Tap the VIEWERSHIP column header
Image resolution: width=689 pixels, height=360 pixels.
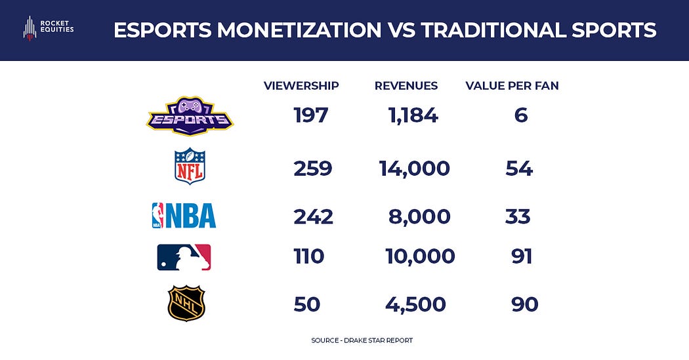301,86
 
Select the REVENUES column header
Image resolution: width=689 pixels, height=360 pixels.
406,86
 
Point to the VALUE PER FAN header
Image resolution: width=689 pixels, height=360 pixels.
512,86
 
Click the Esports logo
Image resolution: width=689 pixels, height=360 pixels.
190,116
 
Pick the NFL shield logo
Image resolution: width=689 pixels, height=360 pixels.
190,167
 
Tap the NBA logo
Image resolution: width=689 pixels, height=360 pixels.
184,215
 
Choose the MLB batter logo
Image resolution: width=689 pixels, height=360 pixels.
184,257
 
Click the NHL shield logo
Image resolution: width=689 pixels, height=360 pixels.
186,303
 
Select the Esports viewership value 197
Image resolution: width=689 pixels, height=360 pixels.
310,116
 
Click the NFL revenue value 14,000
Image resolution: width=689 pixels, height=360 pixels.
415,169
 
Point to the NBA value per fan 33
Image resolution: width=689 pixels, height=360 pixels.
518,216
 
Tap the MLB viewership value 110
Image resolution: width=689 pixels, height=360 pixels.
308,256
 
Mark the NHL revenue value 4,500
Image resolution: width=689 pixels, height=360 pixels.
415,304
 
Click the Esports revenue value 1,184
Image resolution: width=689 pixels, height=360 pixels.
413,116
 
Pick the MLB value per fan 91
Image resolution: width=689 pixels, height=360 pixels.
522,256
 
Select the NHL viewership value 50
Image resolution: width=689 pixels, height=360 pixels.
307,304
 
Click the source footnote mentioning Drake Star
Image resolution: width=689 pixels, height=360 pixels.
362,341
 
